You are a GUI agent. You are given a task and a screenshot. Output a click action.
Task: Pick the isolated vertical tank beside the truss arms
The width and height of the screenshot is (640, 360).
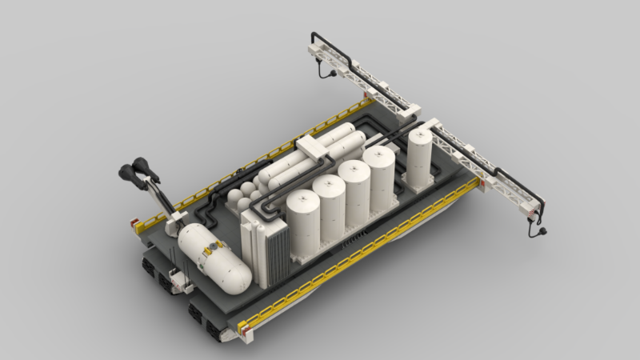click(419, 156)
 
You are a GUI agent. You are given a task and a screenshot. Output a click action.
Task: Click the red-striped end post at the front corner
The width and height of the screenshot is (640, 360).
click(243, 325)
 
